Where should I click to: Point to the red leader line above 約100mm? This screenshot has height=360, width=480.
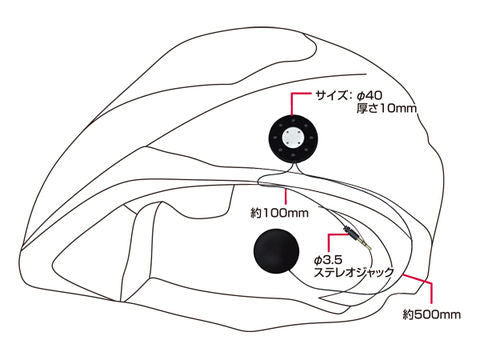[x=287, y=198]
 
